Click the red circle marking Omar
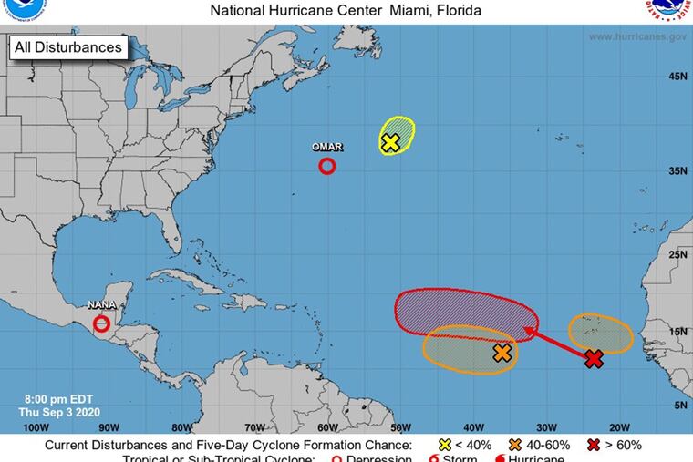pyautogui.click(x=327, y=166)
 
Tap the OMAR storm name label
pyautogui.click(x=327, y=147)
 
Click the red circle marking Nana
pyautogui.click(x=102, y=323)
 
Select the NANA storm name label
pyautogui.click(x=101, y=305)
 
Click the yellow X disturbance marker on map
pyautogui.click(x=390, y=142)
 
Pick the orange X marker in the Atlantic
pyautogui.click(x=502, y=353)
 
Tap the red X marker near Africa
pyautogui.click(x=594, y=359)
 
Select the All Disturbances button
pyautogui.click(x=67, y=46)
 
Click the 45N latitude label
pyautogui.click(x=677, y=77)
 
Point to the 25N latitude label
pyautogui.click(x=677, y=254)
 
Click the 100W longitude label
pyautogui.click(x=36, y=426)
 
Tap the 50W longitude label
pyautogui.click(x=400, y=426)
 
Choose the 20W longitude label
pyautogui.click(x=619, y=426)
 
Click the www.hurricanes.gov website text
pyautogui.click(x=637, y=36)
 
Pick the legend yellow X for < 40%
pyautogui.click(x=444, y=445)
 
